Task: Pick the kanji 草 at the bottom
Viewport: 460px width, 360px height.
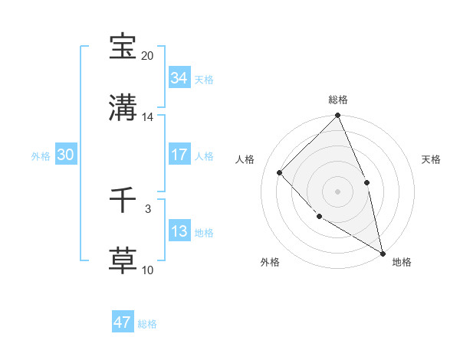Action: [x=123, y=260]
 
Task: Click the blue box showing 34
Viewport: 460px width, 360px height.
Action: [x=179, y=78]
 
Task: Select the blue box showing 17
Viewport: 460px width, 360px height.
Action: [x=179, y=155]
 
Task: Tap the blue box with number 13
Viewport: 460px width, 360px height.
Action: [x=179, y=231]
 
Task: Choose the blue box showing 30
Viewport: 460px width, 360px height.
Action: [x=65, y=155]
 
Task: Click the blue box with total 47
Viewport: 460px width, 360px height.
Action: [x=123, y=322]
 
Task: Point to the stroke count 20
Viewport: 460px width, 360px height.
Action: [x=148, y=56]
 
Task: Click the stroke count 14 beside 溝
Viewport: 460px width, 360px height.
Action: [x=148, y=117]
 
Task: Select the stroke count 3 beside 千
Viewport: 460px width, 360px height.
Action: [x=148, y=208]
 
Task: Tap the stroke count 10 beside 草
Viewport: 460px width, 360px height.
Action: [x=148, y=270]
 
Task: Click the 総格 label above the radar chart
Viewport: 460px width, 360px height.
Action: [x=338, y=100]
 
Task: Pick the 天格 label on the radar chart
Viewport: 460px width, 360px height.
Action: [x=431, y=159]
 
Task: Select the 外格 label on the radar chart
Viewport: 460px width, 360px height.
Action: [x=270, y=262]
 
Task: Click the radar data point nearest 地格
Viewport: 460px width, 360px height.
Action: [x=382, y=252]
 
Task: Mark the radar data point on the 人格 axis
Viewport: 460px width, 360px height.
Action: [x=280, y=172]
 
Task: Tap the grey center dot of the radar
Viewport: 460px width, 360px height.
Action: [x=337, y=191]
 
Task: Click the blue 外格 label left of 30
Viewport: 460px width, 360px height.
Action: [x=41, y=155]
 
